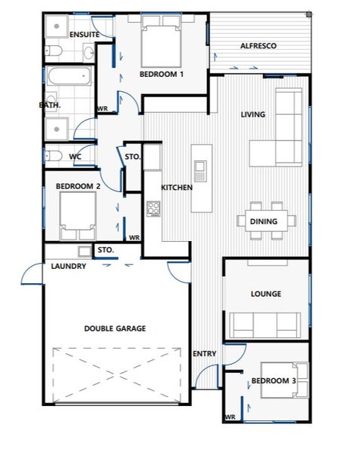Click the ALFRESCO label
pos(258,46)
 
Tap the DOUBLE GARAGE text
pos(115,328)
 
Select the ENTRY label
pos(204,354)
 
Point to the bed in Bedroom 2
pos(78,216)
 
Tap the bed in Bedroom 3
pos(285,380)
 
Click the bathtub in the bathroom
pos(69,76)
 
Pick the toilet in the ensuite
pos(53,50)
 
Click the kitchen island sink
pos(200,166)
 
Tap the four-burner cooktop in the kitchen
pos(154,209)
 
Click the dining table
pos(267,221)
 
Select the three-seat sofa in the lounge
pos(265,325)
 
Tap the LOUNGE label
pos(266,294)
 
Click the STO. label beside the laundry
pos(105,250)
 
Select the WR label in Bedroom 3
pos(230,417)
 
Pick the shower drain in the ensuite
pos(56,26)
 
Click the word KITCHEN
pos(177,188)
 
